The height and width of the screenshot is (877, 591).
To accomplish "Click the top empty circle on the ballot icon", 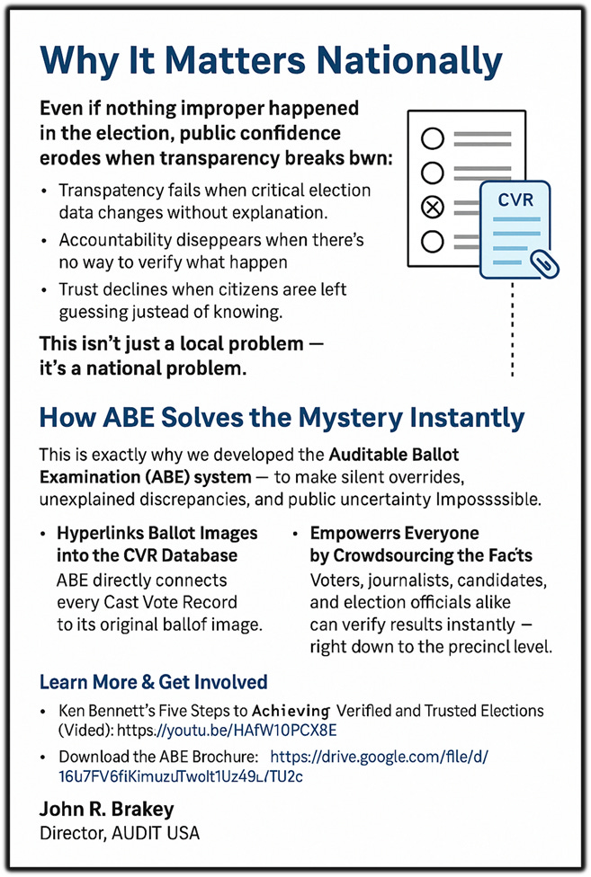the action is coord(433,137).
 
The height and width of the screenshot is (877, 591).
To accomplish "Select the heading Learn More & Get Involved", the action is coord(153,682).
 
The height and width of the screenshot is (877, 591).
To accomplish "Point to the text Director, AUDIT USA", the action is coord(120,833).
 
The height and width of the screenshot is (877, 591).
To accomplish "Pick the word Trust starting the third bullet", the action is coord(78,290).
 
